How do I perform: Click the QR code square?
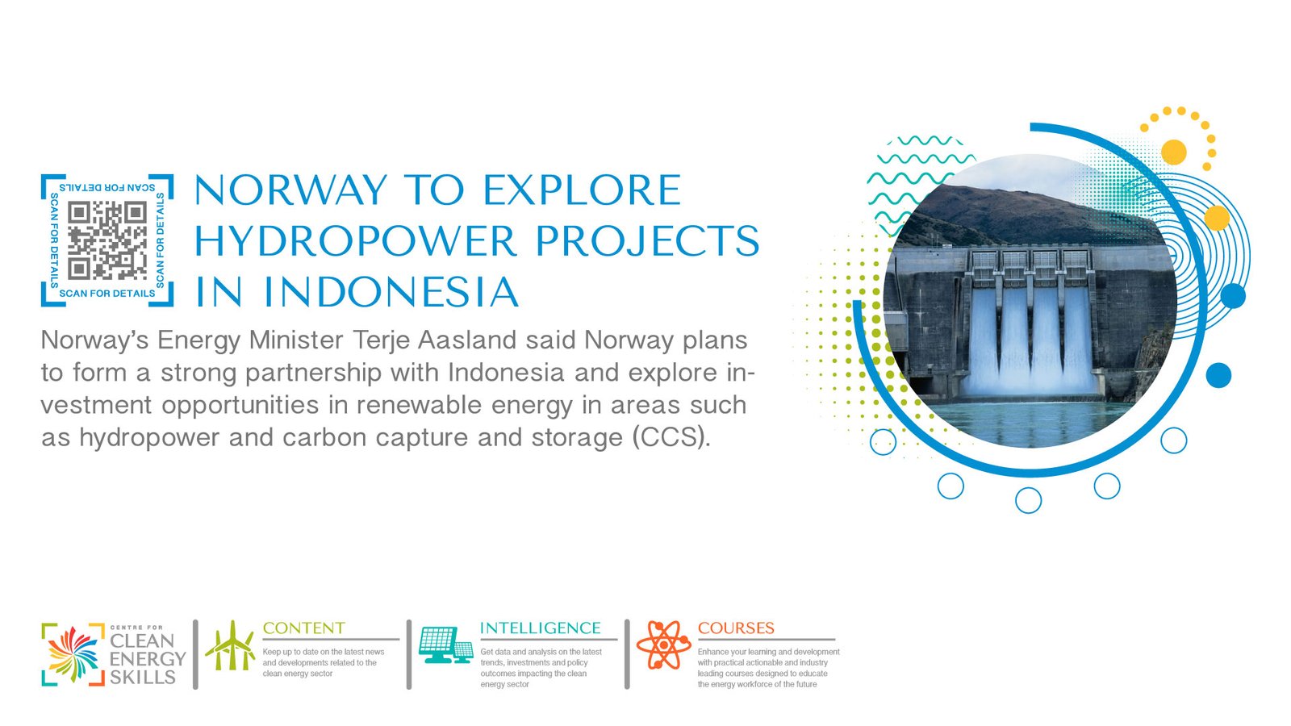pyautogui.click(x=107, y=240)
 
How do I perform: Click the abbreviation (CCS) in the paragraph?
pyautogui.click(x=671, y=437)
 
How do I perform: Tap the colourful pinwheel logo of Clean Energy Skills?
pyautogui.click(x=73, y=654)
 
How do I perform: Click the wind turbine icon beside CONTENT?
pyautogui.click(x=230, y=645)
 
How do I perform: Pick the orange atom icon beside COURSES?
pyautogui.click(x=663, y=645)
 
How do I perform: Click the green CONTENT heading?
pyautogui.click(x=303, y=628)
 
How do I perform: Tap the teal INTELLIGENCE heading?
pyautogui.click(x=540, y=628)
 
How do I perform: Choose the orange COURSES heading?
pyautogui.click(x=736, y=628)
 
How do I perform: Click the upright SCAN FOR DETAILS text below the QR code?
pyautogui.click(x=107, y=294)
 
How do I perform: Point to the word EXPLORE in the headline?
pyautogui.click(x=582, y=190)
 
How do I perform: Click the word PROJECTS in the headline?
pyautogui.click(x=648, y=241)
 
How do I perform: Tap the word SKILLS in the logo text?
pyautogui.click(x=142, y=677)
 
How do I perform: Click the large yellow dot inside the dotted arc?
pyautogui.click(x=1174, y=152)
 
